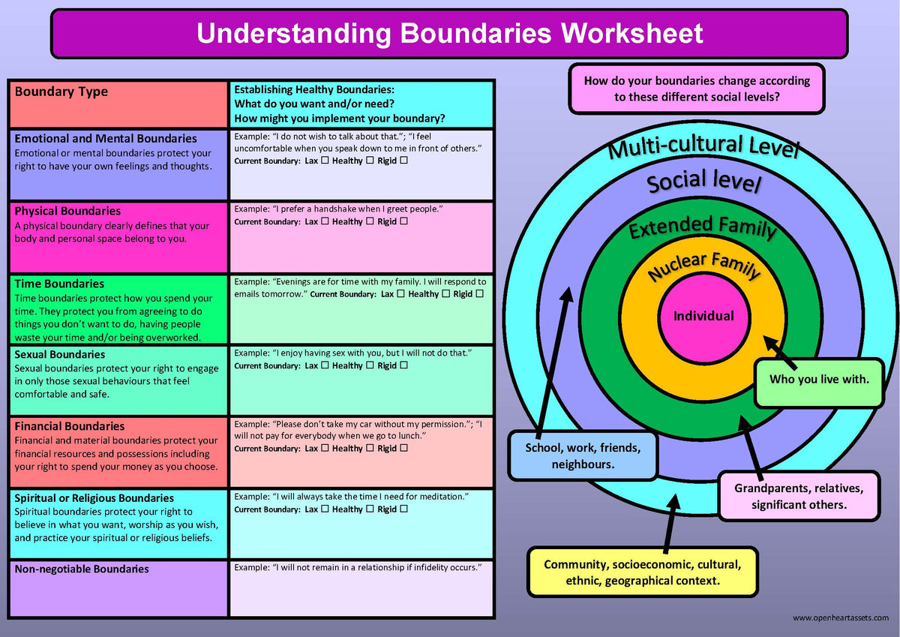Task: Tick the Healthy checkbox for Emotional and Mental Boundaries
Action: (370, 161)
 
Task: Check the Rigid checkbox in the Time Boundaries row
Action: (480, 294)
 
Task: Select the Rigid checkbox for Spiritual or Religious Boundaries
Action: (404, 509)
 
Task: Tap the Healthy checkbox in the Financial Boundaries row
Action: (370, 448)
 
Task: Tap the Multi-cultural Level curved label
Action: (703, 147)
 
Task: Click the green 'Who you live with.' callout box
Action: (818, 379)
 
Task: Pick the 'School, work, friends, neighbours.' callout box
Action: (583, 456)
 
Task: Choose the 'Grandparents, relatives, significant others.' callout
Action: (799, 496)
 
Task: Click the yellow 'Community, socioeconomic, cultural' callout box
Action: (642, 572)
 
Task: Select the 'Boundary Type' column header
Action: (61, 92)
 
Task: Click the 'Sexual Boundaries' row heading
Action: (60, 354)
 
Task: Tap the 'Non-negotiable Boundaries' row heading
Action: (82, 569)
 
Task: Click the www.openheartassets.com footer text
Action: (840, 617)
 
